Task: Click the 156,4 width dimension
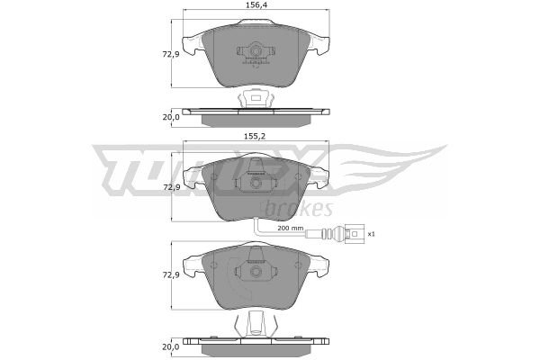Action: click(x=256, y=4)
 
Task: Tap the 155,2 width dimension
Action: click(x=255, y=136)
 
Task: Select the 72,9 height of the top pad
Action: click(x=171, y=54)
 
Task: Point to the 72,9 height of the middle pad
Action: click(x=171, y=187)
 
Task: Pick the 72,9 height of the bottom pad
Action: click(x=171, y=275)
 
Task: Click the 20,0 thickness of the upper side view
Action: click(x=171, y=117)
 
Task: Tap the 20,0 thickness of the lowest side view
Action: click(x=171, y=346)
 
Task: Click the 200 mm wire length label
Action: click(x=291, y=228)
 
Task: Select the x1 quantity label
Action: click(x=371, y=234)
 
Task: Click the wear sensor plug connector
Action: click(x=354, y=234)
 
